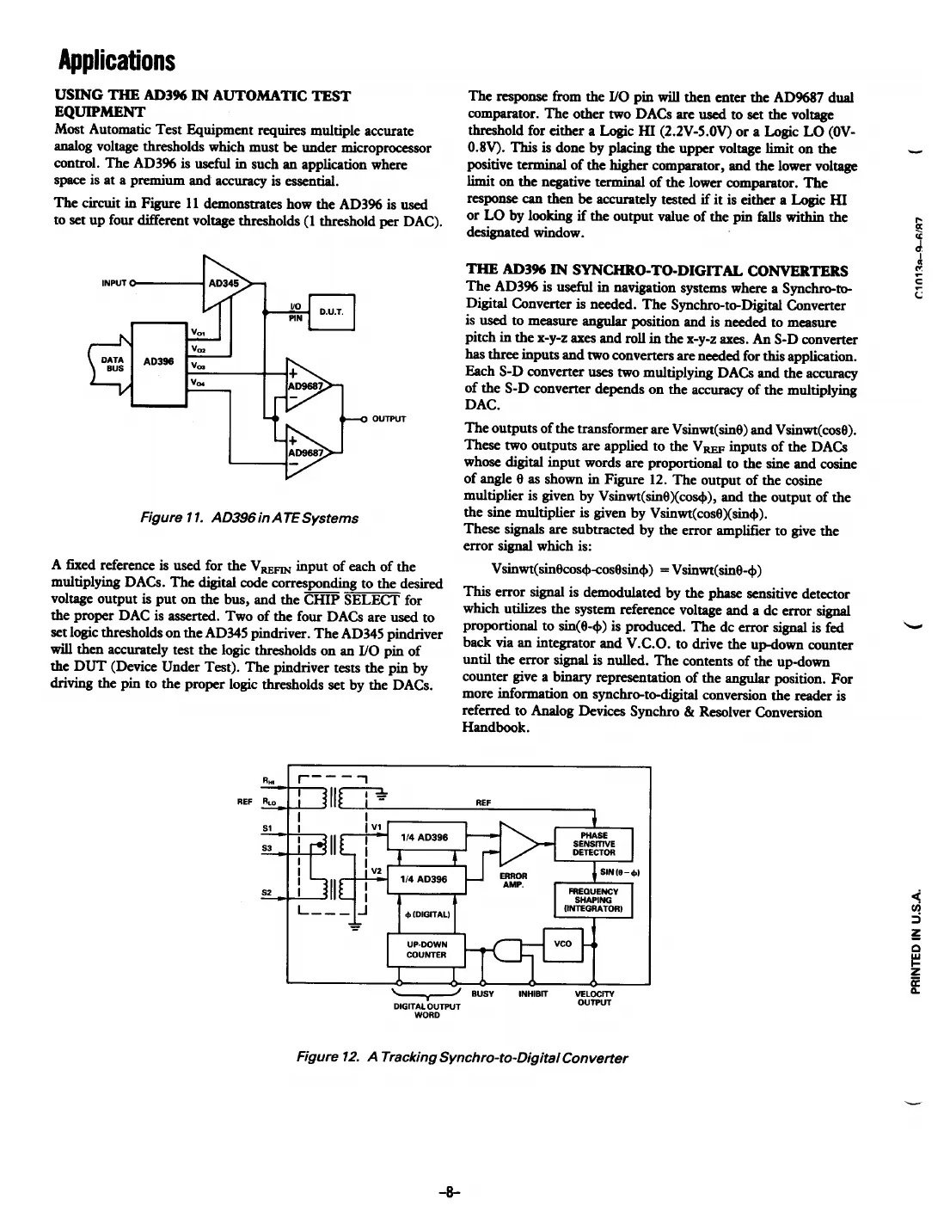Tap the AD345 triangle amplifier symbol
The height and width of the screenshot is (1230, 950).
point(223,281)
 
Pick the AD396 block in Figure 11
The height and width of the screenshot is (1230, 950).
point(160,361)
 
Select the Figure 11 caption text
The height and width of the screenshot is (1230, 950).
point(249,518)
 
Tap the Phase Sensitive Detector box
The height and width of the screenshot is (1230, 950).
point(594,844)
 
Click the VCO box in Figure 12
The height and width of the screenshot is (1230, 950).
point(562,944)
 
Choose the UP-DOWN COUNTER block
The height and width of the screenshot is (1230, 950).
point(426,949)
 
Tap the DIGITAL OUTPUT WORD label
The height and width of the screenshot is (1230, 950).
point(426,1010)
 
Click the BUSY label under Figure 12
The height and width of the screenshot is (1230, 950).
point(483,993)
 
